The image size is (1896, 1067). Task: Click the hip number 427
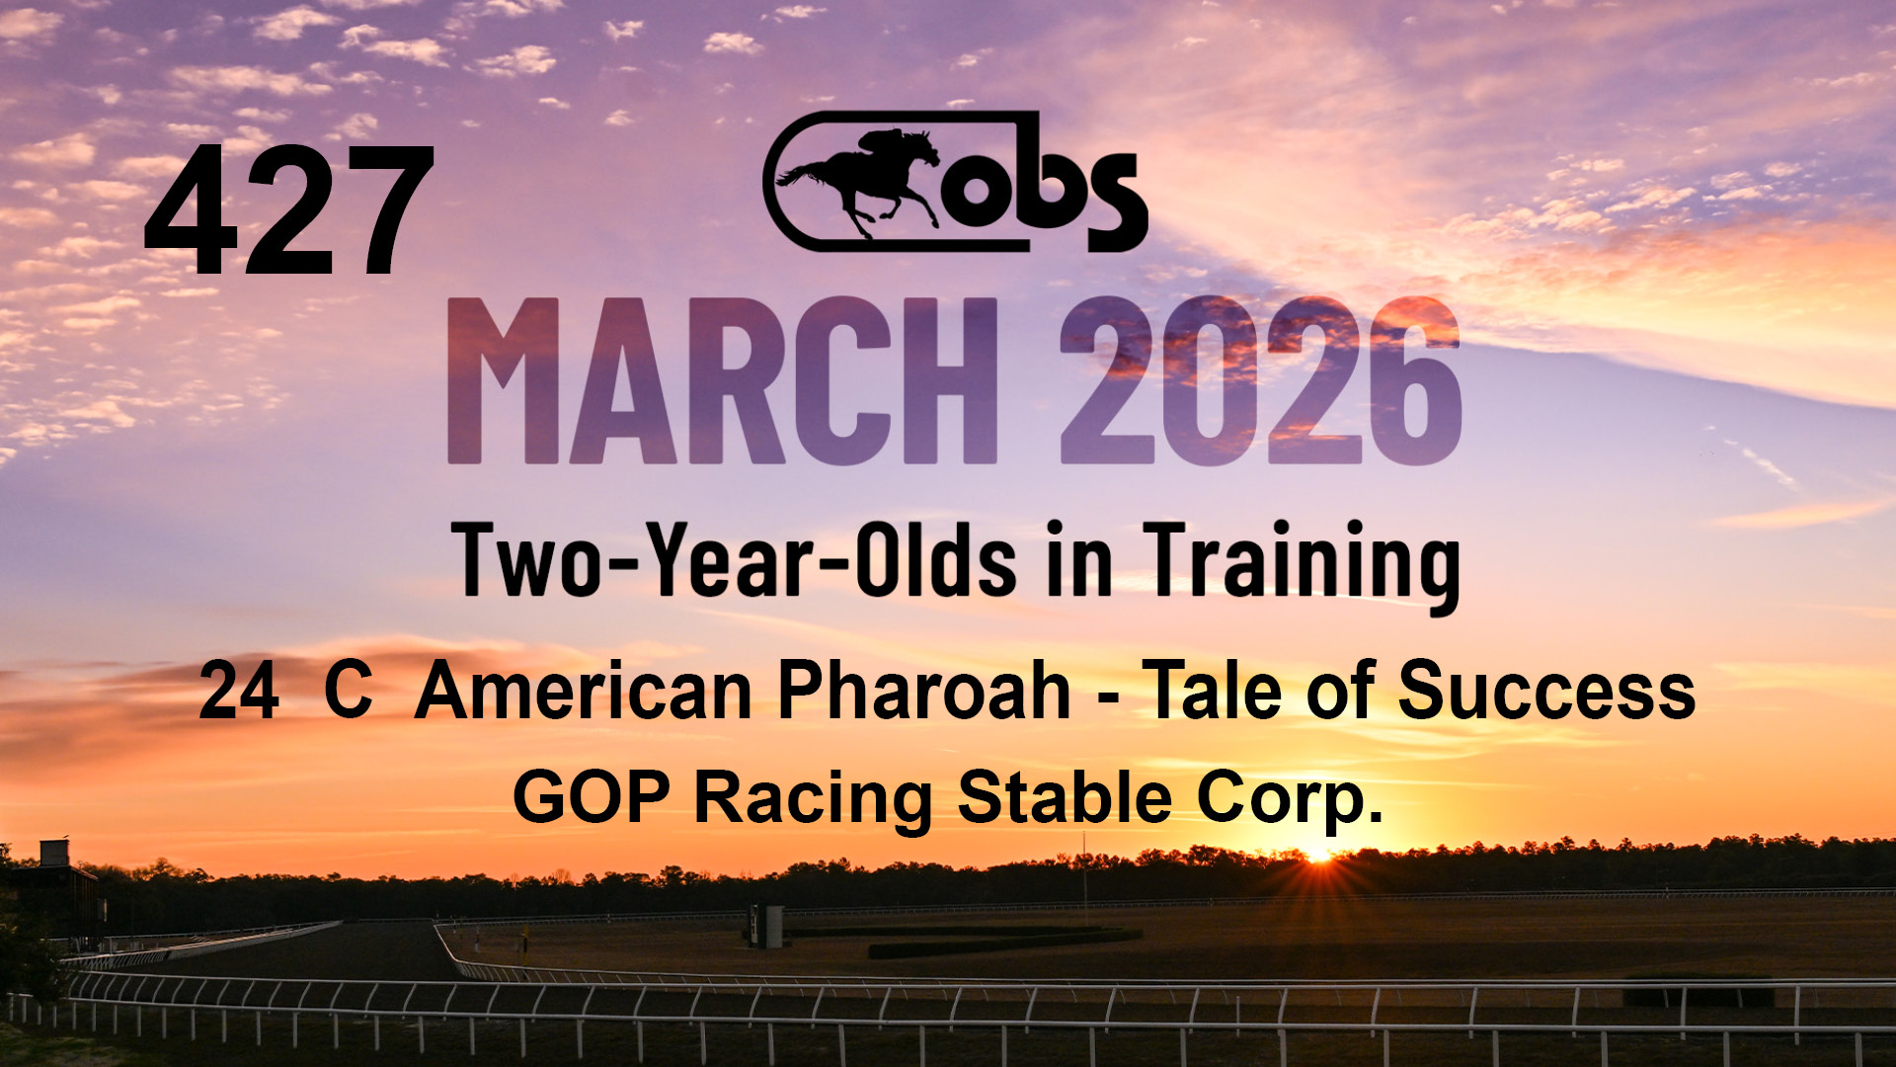coord(289,209)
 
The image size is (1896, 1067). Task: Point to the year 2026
coord(1259,379)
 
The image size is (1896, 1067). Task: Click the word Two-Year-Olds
coord(736,560)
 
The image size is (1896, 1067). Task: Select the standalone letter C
coord(349,691)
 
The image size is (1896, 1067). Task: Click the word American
coord(584,691)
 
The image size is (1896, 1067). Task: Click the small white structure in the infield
coord(766,926)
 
